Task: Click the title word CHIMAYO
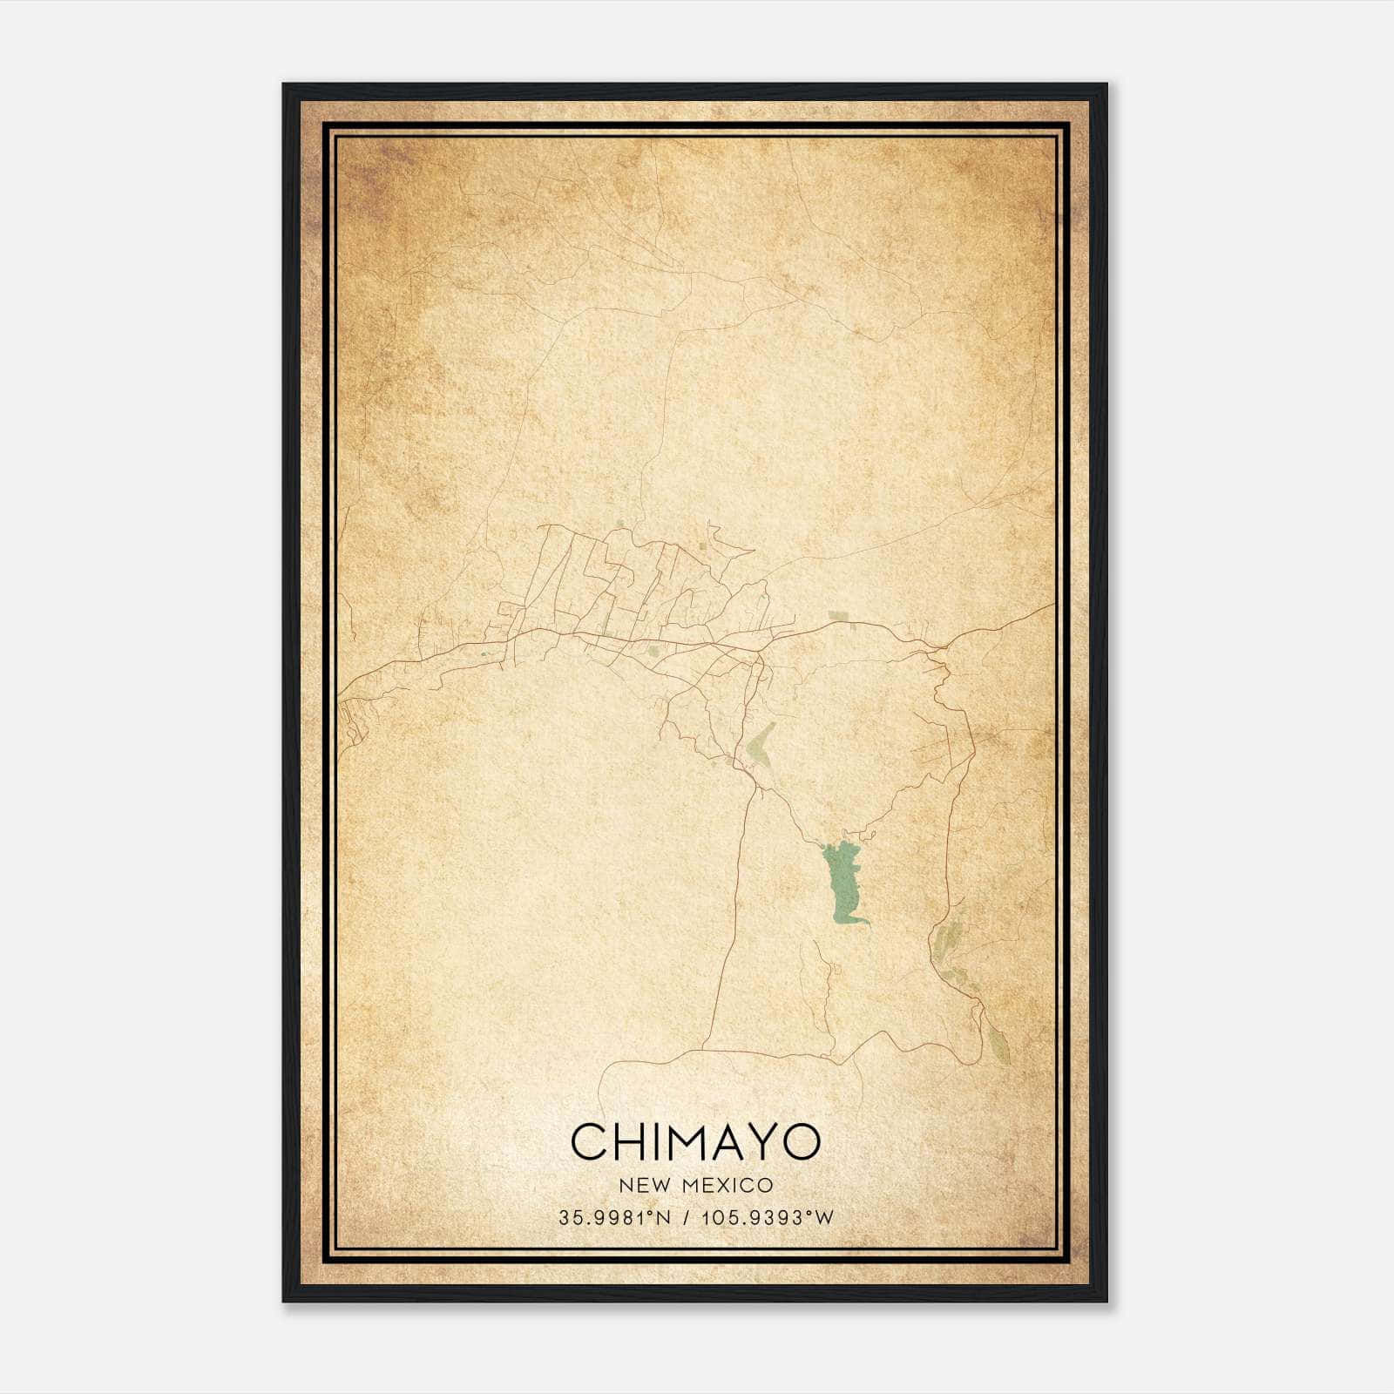point(695,1141)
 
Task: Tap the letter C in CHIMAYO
point(590,1141)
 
